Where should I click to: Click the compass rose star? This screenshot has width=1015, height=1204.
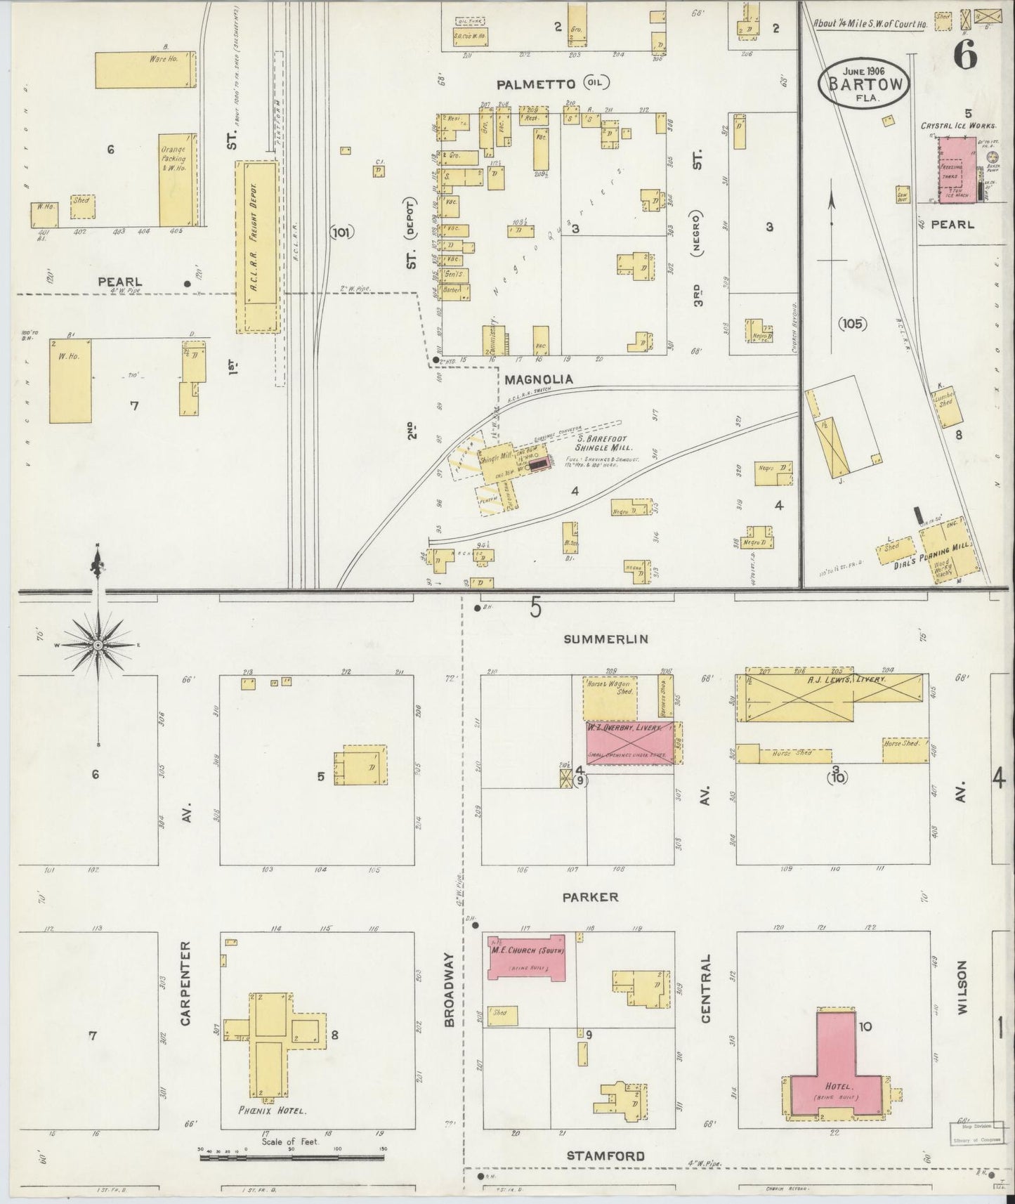tap(98, 644)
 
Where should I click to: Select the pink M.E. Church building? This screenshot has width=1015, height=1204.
tap(527, 957)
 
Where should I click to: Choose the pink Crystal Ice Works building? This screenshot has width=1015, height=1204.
tap(957, 169)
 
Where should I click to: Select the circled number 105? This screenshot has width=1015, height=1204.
tap(853, 325)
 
